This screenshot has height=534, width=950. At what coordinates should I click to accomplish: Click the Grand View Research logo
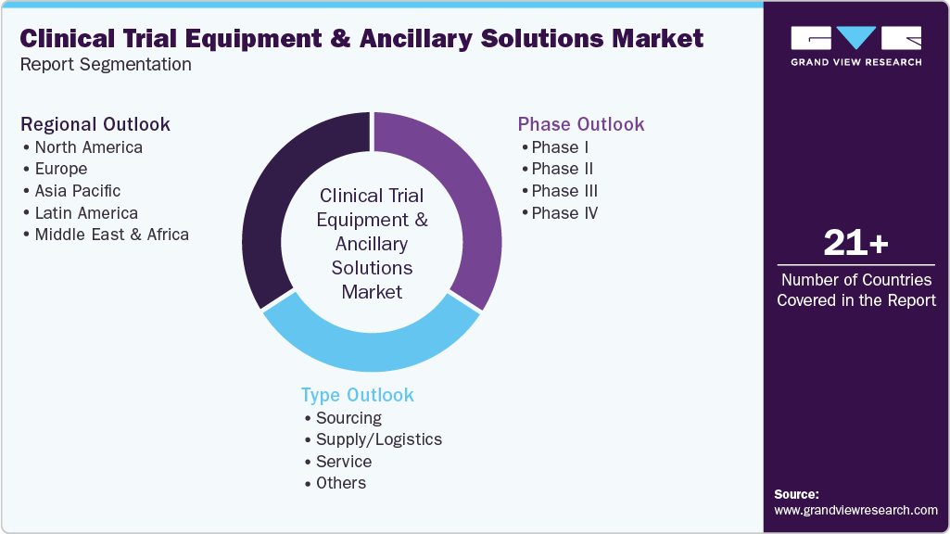(x=855, y=45)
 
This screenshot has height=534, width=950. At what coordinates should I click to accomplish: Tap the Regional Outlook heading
(x=95, y=124)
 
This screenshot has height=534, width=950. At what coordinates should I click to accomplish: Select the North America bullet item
(x=88, y=147)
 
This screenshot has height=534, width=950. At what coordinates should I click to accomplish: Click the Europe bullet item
(x=60, y=169)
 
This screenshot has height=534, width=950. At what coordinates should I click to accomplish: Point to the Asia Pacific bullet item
(x=77, y=191)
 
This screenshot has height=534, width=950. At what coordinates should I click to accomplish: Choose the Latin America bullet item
(x=85, y=213)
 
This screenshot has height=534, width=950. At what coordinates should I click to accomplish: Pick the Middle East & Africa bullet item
(x=111, y=235)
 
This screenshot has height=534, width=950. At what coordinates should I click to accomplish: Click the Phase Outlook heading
(x=580, y=124)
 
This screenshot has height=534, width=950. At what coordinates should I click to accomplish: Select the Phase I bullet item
(x=560, y=147)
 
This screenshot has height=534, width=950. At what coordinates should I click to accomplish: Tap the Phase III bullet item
(x=564, y=191)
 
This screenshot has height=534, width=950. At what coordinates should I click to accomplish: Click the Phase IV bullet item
(x=564, y=213)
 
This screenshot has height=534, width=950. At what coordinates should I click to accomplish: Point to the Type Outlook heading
(x=357, y=395)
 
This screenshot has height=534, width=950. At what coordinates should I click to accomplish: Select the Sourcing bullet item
(x=348, y=418)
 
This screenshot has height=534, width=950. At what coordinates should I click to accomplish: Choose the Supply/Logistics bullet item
(x=378, y=439)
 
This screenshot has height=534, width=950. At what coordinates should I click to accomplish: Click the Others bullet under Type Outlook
(x=340, y=483)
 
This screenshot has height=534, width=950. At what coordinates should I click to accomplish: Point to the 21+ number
(x=855, y=244)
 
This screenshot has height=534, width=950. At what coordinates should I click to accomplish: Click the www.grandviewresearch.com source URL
(x=855, y=510)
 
